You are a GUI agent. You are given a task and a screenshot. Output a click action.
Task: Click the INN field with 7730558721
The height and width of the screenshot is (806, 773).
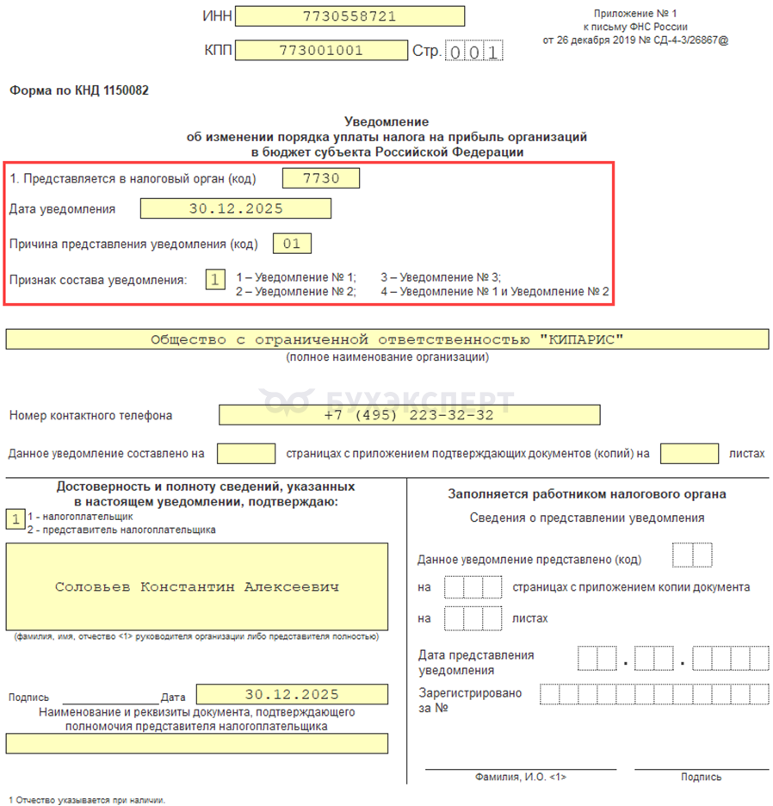tap(349, 16)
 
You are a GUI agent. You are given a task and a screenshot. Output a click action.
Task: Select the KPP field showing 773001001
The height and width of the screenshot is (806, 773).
tap(320, 51)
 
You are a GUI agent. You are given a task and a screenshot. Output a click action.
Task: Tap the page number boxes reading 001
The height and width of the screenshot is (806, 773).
tap(473, 52)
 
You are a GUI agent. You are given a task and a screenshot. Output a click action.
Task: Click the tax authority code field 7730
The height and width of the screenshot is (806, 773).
tap(321, 178)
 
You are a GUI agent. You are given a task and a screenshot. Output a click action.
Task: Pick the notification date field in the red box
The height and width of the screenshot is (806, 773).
tap(235, 208)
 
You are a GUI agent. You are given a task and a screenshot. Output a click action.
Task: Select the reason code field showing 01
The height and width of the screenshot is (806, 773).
tap(292, 244)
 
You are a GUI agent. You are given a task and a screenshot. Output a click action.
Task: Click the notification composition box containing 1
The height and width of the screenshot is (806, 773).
tap(215, 279)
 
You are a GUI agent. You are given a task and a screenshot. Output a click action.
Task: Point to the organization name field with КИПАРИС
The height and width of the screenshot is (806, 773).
tap(386, 339)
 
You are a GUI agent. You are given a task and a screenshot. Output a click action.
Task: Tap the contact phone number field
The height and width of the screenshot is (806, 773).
tap(409, 415)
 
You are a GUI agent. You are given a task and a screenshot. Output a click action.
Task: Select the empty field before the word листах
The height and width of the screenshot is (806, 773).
tap(690, 453)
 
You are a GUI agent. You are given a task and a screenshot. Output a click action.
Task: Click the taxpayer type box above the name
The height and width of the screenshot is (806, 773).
tap(15, 519)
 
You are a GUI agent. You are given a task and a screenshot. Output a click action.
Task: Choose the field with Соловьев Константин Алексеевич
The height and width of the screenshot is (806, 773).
tap(196, 587)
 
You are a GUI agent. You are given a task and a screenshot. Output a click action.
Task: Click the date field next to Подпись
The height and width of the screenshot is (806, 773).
tap(292, 694)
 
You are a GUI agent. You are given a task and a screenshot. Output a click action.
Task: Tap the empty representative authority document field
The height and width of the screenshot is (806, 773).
tap(196, 743)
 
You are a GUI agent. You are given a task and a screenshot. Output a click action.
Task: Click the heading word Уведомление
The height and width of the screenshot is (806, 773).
tap(386, 122)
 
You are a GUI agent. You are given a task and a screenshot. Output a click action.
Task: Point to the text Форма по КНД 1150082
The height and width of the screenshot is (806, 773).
tap(79, 90)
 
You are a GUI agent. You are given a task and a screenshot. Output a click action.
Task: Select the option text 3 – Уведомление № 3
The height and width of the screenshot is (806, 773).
tap(441, 277)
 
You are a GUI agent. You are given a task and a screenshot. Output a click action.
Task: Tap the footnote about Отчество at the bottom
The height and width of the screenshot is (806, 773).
tap(86, 799)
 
